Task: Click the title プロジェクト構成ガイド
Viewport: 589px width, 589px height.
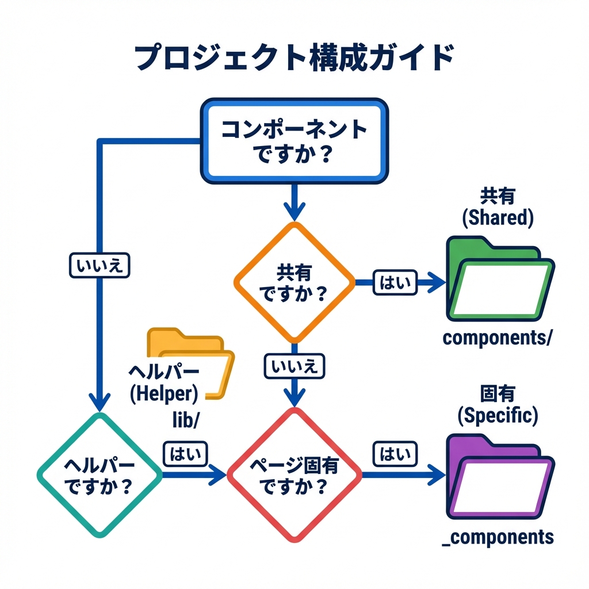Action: tap(293, 59)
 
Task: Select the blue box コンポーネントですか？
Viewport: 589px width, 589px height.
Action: tap(294, 141)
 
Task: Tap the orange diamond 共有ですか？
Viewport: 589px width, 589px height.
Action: tap(294, 282)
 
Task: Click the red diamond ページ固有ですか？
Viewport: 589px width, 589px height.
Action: tap(294, 475)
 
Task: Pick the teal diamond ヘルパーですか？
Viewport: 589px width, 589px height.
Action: tap(100, 475)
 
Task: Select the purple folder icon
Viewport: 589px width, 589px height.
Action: tap(499, 476)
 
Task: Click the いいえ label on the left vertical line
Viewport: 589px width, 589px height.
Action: tap(100, 266)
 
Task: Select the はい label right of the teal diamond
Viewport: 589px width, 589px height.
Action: tap(185, 454)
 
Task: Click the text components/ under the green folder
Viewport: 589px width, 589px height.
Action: tap(497, 338)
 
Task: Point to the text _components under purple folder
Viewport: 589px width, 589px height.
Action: tap(498, 537)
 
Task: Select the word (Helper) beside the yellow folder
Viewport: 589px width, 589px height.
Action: tap(164, 394)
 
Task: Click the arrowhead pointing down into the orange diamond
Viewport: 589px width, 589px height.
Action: tap(294, 212)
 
